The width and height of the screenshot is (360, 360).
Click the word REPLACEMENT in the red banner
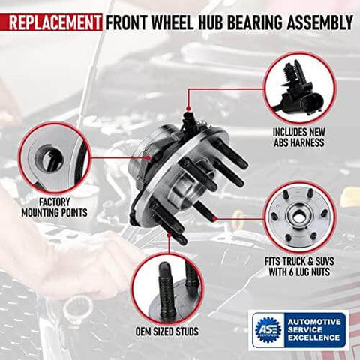[52, 16]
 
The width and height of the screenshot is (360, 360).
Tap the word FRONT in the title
[124, 16]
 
